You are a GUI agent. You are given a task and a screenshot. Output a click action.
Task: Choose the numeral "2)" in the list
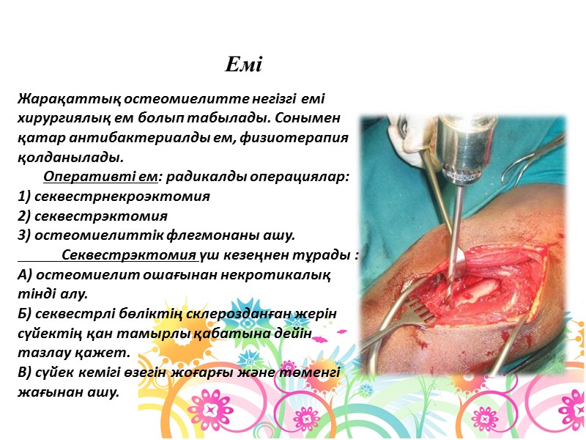(24, 216)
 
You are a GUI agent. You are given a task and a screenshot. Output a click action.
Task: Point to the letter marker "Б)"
(25, 314)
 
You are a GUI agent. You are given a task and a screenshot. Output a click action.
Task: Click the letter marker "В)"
(24, 373)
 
